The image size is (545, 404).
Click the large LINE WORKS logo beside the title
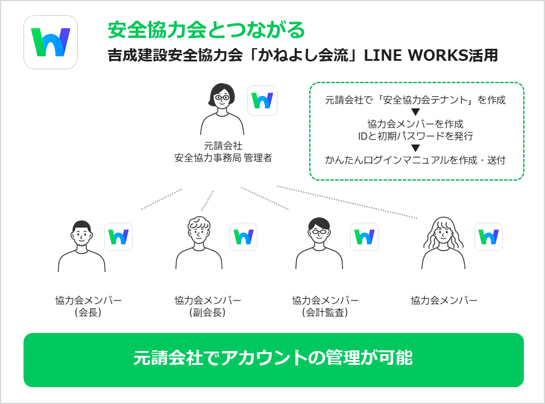(51, 42)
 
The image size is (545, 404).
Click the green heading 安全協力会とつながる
(206, 29)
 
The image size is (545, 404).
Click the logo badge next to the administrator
(262, 101)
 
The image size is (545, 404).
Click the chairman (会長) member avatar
(81, 246)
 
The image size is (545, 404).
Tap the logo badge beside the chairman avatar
(118, 237)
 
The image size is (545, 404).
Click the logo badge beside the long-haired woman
(488, 237)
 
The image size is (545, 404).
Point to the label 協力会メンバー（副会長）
(207, 306)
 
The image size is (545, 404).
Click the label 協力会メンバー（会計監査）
(325, 306)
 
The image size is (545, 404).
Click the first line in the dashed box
(415, 100)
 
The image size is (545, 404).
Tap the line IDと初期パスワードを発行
(415, 136)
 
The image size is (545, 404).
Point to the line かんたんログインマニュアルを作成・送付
(415, 161)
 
